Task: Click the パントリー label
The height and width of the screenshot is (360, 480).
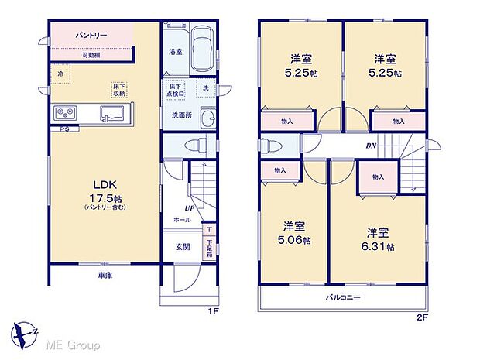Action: pyautogui.click(x=91, y=36)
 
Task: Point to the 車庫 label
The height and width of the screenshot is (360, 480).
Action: pyautogui.click(x=105, y=276)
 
